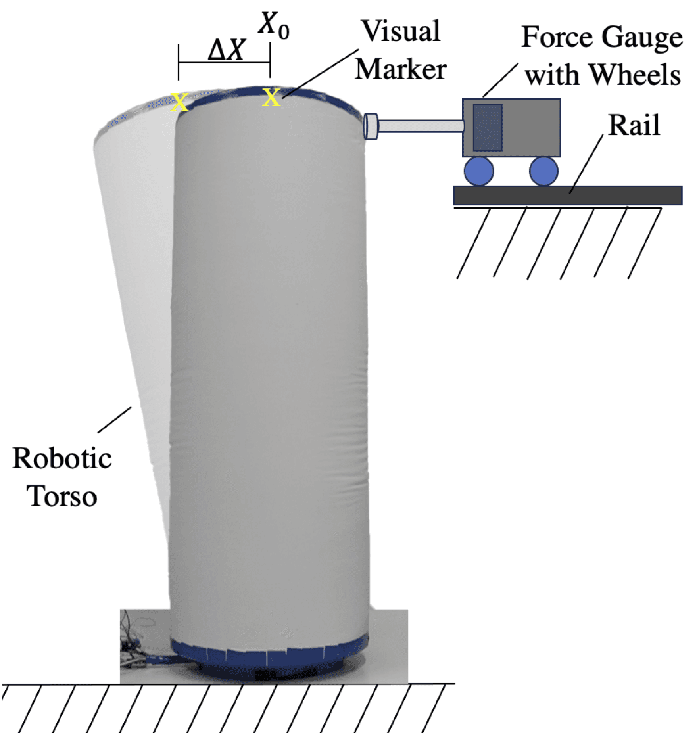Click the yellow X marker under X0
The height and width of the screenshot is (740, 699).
pyautogui.click(x=271, y=98)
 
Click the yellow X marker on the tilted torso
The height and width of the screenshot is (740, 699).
pyautogui.click(x=179, y=102)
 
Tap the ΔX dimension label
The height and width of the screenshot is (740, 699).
pyautogui.click(x=227, y=51)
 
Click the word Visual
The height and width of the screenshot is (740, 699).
pyautogui.click(x=401, y=31)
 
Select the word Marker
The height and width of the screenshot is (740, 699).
pyautogui.click(x=401, y=69)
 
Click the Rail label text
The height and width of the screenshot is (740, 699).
pyautogui.click(x=634, y=125)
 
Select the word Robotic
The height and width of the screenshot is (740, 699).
pyautogui.click(x=62, y=459)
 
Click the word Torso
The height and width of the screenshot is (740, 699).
pyautogui.click(x=62, y=497)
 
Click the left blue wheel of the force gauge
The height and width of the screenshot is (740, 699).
pyautogui.click(x=479, y=171)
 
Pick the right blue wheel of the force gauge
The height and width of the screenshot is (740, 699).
pyautogui.click(x=543, y=171)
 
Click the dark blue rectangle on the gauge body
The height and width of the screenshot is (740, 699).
pyautogui.click(x=488, y=128)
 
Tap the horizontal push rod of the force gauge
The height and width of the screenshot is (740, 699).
pyautogui.click(x=421, y=126)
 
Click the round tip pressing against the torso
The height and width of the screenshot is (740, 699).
pyautogui.click(x=371, y=127)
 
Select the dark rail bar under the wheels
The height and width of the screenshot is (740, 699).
pyautogui.click(x=567, y=196)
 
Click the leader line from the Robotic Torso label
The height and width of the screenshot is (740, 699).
pyautogui.click(x=114, y=420)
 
